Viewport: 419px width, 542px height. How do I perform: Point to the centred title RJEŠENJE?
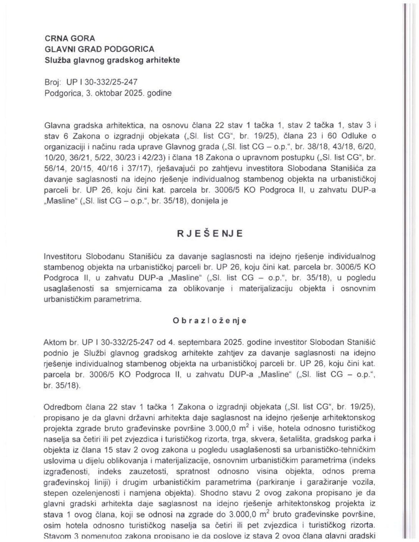point(210,234)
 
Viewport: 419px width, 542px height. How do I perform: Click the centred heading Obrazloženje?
point(209,321)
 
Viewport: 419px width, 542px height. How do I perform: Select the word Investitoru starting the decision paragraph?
point(63,256)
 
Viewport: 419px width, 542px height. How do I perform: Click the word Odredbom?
point(61,406)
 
